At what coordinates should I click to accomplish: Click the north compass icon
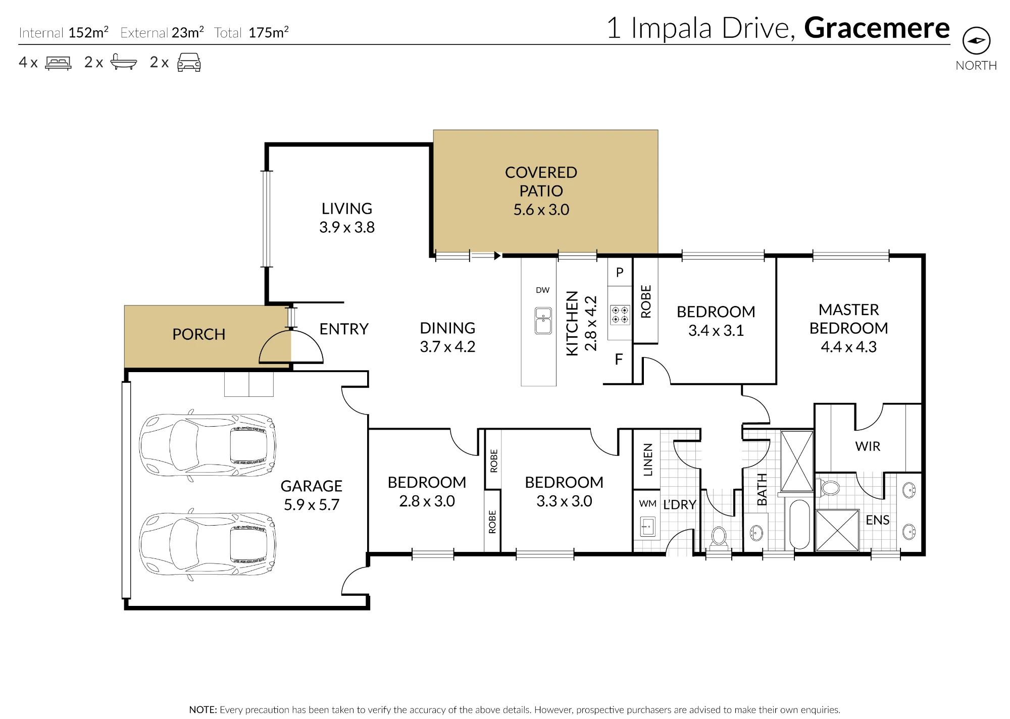click(x=976, y=41)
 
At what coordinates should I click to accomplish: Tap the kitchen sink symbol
click(x=543, y=321)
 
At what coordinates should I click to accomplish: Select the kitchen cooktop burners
click(x=620, y=315)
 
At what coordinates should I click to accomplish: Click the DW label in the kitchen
click(x=542, y=290)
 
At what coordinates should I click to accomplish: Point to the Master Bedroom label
click(x=848, y=319)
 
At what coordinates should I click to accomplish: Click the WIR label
click(x=868, y=446)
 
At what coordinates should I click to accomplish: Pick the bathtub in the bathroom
click(x=799, y=524)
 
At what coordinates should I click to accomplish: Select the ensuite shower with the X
click(x=837, y=530)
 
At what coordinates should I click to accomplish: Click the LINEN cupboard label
click(x=648, y=459)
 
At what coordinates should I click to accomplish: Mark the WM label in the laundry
click(x=647, y=503)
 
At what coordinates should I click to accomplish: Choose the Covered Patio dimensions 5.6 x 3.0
click(x=541, y=210)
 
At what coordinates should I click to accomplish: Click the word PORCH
click(x=198, y=334)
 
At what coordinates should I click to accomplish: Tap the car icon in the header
click(x=189, y=62)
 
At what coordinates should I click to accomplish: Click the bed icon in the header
click(x=58, y=63)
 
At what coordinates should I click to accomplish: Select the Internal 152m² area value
click(x=88, y=33)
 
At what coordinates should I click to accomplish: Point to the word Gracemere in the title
click(x=877, y=28)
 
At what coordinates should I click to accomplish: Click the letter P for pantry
click(x=620, y=273)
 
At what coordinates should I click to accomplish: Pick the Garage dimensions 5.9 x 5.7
click(x=311, y=505)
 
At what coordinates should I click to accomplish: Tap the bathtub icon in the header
click(x=124, y=62)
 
